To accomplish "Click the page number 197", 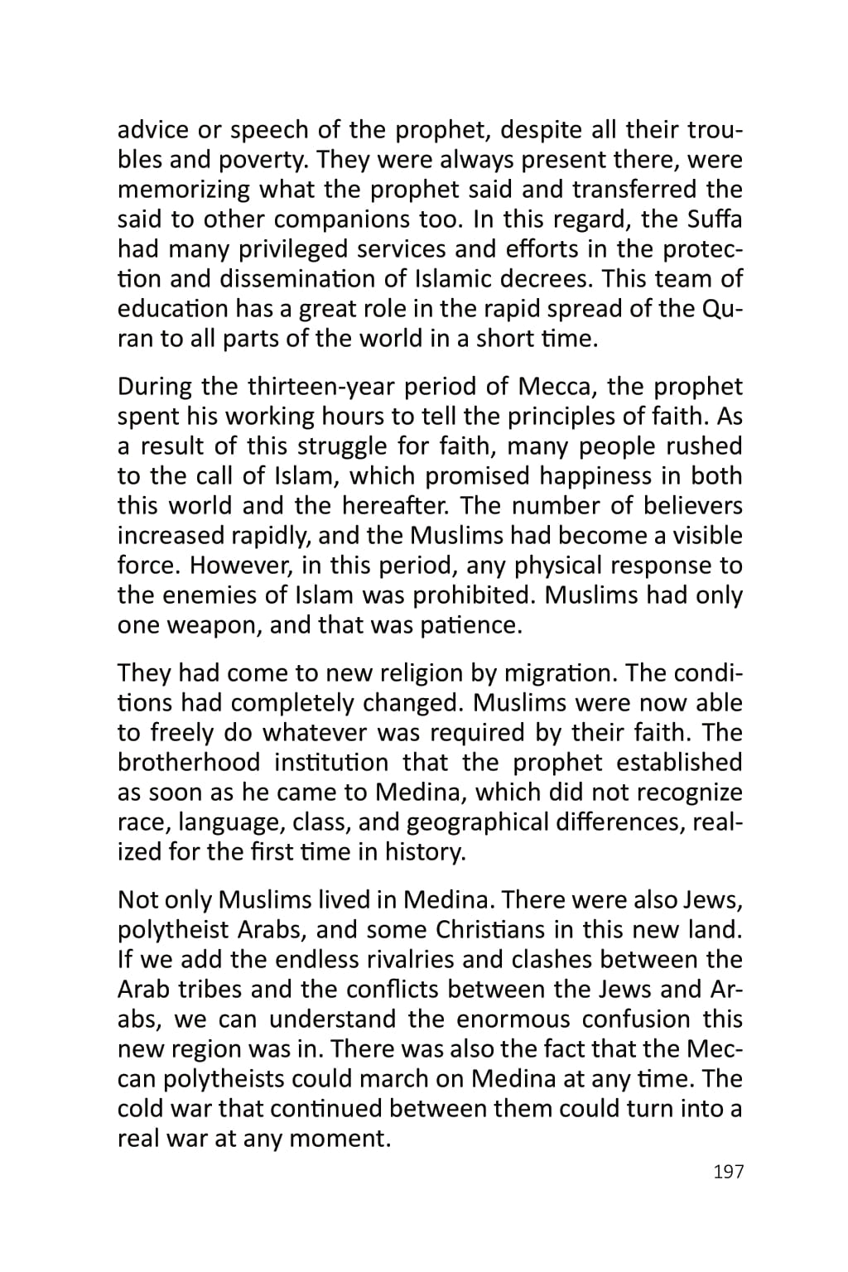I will pyautogui.click(x=728, y=1172).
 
